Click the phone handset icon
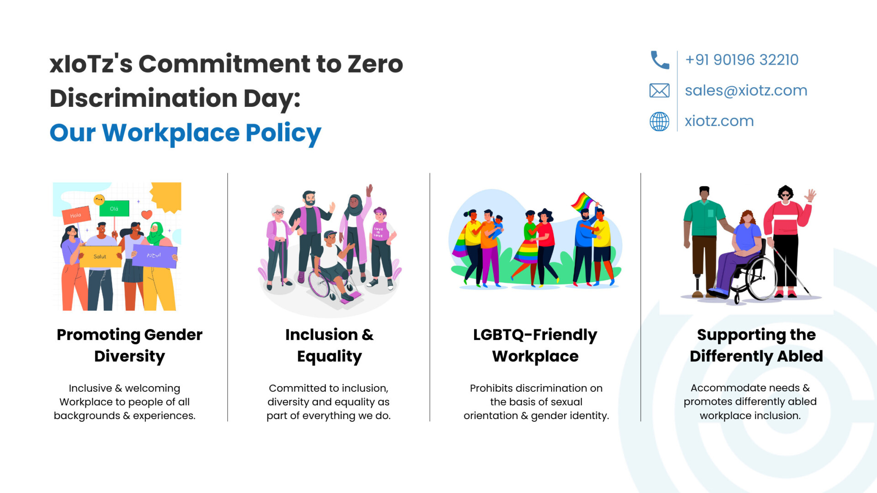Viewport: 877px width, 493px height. pyautogui.click(x=660, y=60)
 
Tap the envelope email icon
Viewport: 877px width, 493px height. pyautogui.click(x=660, y=90)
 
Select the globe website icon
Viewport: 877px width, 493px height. pyautogui.click(x=660, y=121)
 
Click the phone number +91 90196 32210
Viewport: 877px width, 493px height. pyautogui.click(x=742, y=60)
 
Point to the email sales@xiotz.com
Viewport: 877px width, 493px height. pyautogui.click(x=746, y=90)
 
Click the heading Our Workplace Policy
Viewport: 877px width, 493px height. pyautogui.click(x=185, y=133)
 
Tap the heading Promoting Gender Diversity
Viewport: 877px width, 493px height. pyautogui.click(x=130, y=345)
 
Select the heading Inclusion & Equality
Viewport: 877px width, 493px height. pyautogui.click(x=329, y=345)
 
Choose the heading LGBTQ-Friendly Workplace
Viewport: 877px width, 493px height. pyautogui.click(x=535, y=345)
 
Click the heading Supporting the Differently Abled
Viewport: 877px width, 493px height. pyautogui.click(x=756, y=345)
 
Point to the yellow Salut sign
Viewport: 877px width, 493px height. pyautogui.click(x=100, y=257)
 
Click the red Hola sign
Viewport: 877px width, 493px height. pyautogui.click(x=76, y=215)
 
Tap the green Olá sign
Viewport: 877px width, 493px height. pyautogui.click(x=114, y=209)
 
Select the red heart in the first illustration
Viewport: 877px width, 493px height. pyautogui.click(x=147, y=214)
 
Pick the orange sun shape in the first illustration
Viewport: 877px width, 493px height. pyautogui.click(x=167, y=196)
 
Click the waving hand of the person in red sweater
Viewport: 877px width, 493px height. pyautogui.click(x=810, y=196)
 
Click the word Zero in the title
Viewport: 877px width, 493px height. pyautogui.click(x=375, y=64)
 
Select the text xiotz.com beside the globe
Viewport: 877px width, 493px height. pyautogui.click(x=719, y=121)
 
